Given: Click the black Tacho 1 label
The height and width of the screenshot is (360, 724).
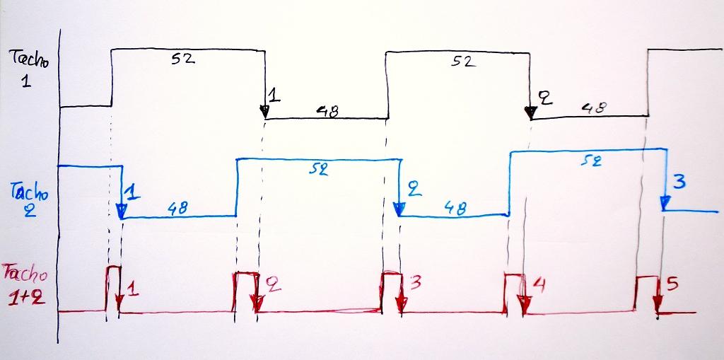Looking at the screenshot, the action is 29,69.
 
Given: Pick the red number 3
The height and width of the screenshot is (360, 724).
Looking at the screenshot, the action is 415,283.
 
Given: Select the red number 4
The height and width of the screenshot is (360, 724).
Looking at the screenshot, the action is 539,285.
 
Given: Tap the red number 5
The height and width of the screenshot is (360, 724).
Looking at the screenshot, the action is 672,284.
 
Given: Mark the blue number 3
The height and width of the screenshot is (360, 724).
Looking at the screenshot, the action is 679,182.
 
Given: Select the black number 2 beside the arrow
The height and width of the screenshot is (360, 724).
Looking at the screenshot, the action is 544,98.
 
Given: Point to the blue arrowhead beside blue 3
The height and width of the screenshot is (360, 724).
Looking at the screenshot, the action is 665,204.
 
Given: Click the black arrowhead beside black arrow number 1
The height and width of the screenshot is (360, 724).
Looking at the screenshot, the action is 264,112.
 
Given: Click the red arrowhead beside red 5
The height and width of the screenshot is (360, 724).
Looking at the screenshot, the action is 658,306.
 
